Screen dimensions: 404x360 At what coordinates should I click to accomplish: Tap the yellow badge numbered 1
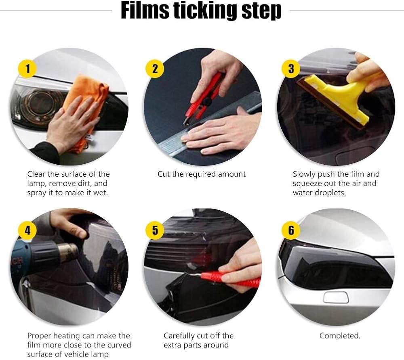pyautogui.click(x=27, y=69)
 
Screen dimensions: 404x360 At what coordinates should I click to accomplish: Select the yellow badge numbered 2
pyautogui.click(x=155, y=69)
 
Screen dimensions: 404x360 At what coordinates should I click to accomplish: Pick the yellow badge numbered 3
pyautogui.click(x=291, y=69)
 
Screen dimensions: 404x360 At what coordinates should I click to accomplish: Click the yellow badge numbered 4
pyautogui.click(x=27, y=230)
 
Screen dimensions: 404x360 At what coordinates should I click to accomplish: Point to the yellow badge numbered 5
pyautogui.click(x=155, y=230)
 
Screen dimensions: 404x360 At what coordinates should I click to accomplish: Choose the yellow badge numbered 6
pyautogui.click(x=291, y=230)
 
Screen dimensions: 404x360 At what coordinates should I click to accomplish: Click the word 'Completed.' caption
pyautogui.click(x=340, y=335)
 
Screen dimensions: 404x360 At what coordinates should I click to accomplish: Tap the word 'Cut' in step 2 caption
pyautogui.click(x=164, y=174)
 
